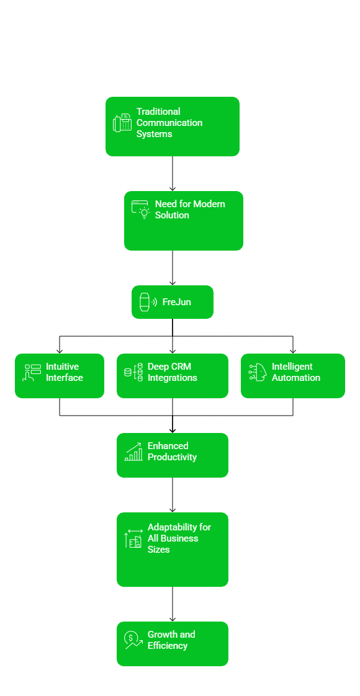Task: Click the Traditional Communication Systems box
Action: click(172, 127)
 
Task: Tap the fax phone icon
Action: click(122, 123)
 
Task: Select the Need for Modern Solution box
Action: click(183, 221)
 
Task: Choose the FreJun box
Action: click(172, 302)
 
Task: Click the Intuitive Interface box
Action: click(59, 376)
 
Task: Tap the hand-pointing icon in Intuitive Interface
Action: click(32, 373)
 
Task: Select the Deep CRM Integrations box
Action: click(172, 376)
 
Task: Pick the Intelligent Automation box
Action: click(292, 376)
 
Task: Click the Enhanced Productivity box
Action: click(172, 455)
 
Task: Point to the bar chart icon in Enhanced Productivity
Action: click(133, 452)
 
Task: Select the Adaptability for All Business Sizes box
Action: click(172, 550)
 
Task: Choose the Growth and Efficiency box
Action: click(172, 644)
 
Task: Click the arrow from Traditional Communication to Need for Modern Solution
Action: click(173, 174)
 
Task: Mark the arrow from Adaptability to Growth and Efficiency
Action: click(173, 604)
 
